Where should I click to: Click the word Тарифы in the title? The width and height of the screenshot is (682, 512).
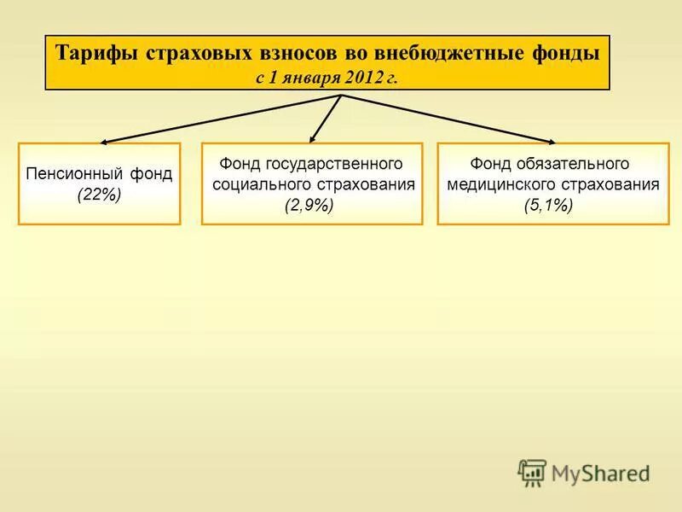click(95, 52)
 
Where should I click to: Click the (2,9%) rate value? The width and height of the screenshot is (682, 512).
click(309, 206)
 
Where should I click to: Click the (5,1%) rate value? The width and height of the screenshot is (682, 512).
click(548, 206)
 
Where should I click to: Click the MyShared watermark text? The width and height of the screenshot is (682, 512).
click(599, 473)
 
